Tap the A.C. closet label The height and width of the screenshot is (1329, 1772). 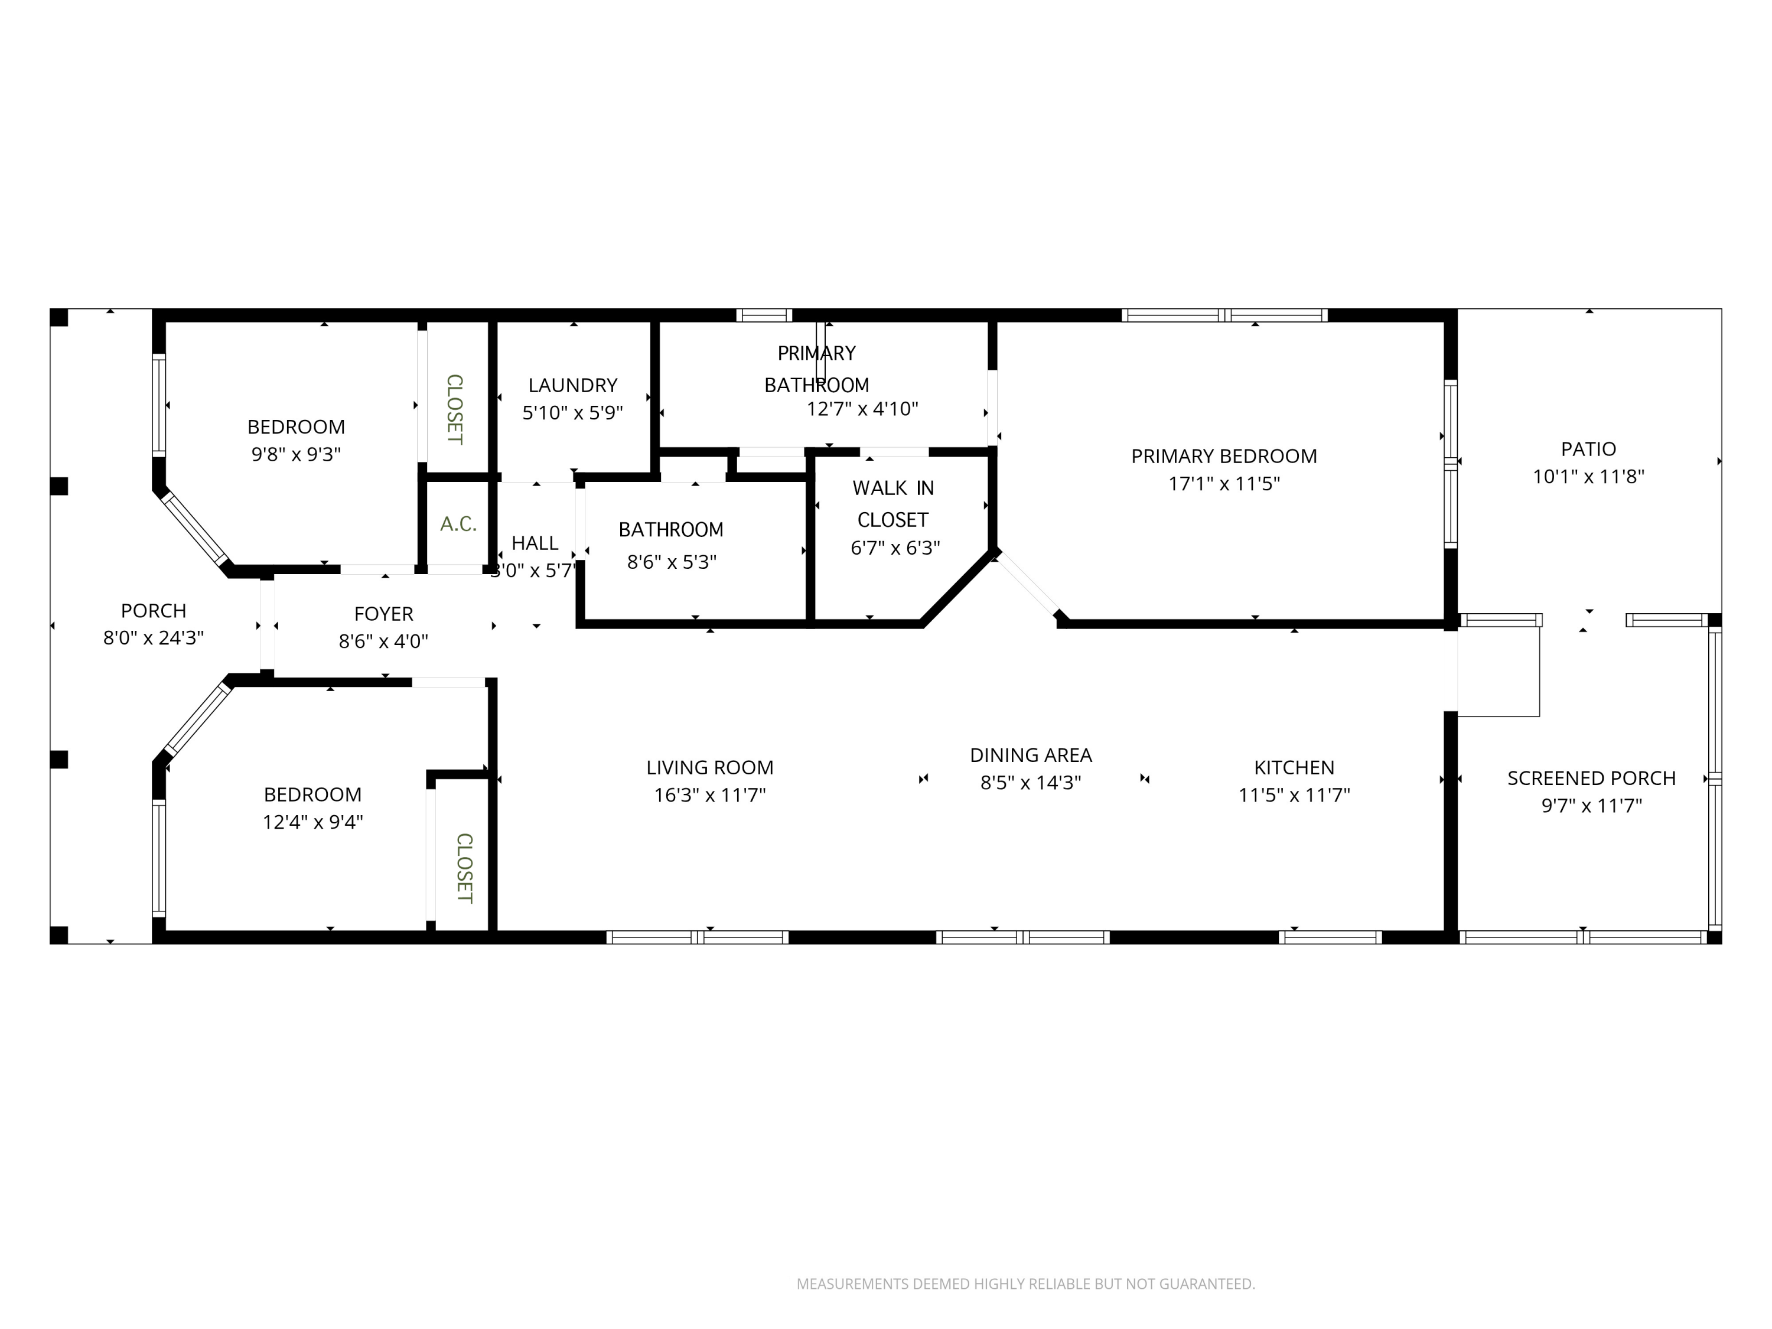click(458, 524)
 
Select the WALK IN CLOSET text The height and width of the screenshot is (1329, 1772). click(892, 504)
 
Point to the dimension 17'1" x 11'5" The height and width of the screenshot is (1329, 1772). click(1223, 484)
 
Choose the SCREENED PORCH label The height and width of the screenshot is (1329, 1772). click(1591, 778)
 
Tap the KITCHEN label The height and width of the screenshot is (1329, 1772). click(1294, 767)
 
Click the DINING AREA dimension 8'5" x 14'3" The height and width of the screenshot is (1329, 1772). click(1030, 783)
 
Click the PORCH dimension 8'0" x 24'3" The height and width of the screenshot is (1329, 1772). click(153, 639)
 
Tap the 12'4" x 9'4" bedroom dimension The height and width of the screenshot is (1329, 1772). click(312, 822)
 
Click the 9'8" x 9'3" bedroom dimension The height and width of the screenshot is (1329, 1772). click(295, 454)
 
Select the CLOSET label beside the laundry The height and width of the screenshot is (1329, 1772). click(454, 409)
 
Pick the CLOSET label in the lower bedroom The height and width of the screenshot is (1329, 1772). click(464, 868)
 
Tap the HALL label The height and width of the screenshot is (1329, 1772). click(535, 543)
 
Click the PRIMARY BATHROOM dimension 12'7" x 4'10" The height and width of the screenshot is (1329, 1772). click(861, 409)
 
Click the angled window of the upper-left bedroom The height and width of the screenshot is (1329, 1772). click(195, 528)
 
